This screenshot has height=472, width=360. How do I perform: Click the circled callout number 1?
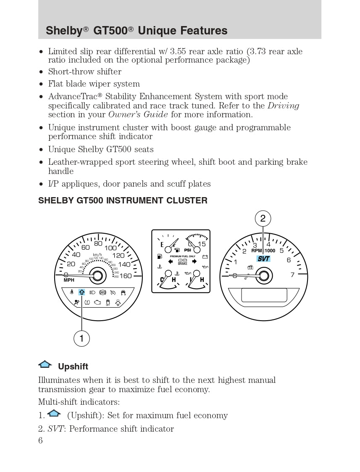pos(81,338)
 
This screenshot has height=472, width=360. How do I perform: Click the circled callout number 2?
pos(263,218)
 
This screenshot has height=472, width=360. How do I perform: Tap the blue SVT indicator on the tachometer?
pos(264,259)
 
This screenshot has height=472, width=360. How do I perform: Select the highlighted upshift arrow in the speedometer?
pos(81,292)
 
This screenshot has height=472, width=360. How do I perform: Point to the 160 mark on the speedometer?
pos(126,276)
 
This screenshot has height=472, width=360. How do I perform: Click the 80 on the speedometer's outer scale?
pos(98,243)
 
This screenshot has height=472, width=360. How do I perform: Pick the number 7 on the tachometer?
pos(292,275)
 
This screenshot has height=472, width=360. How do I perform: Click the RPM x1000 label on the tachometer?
pos(263,251)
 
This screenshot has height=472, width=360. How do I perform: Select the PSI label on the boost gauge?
pos(187,250)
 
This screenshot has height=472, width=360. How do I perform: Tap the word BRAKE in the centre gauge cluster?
pos(182,264)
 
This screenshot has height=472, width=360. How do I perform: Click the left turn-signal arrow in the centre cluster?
pos(171,261)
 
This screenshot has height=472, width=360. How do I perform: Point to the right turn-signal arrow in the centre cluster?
pos(194,261)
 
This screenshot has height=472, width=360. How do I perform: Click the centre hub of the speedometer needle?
pos(97,276)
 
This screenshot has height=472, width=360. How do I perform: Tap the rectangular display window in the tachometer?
pos(264,295)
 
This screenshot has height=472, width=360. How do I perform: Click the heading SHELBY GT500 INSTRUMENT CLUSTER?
pos(123,200)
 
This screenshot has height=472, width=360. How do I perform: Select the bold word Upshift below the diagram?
pos(73,367)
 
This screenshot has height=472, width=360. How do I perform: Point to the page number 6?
pos(40,440)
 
